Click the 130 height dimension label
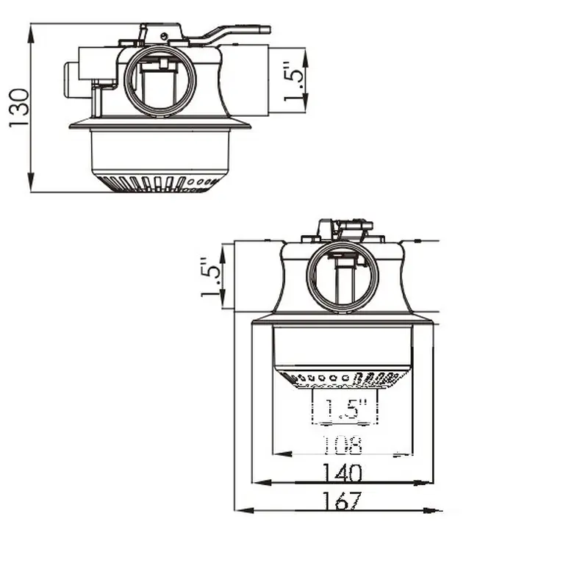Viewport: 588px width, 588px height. click(19, 107)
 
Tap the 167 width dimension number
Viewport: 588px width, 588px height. click(343, 501)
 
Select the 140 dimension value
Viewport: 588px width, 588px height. click(343, 473)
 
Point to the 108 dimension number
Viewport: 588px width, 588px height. click(343, 445)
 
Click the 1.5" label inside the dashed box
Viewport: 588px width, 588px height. click(345, 409)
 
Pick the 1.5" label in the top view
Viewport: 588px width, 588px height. click(294, 80)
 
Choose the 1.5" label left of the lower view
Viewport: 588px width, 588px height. click(211, 277)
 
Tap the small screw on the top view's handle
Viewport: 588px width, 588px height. click(164, 36)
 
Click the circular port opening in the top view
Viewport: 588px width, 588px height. click(160, 82)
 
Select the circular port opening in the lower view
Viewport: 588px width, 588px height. click(343, 276)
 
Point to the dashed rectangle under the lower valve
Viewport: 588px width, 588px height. click(345, 407)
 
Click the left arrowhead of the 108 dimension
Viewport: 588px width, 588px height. click(282, 454)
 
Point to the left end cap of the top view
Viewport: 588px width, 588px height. click(71, 81)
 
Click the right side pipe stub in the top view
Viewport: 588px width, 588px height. click(245, 80)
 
